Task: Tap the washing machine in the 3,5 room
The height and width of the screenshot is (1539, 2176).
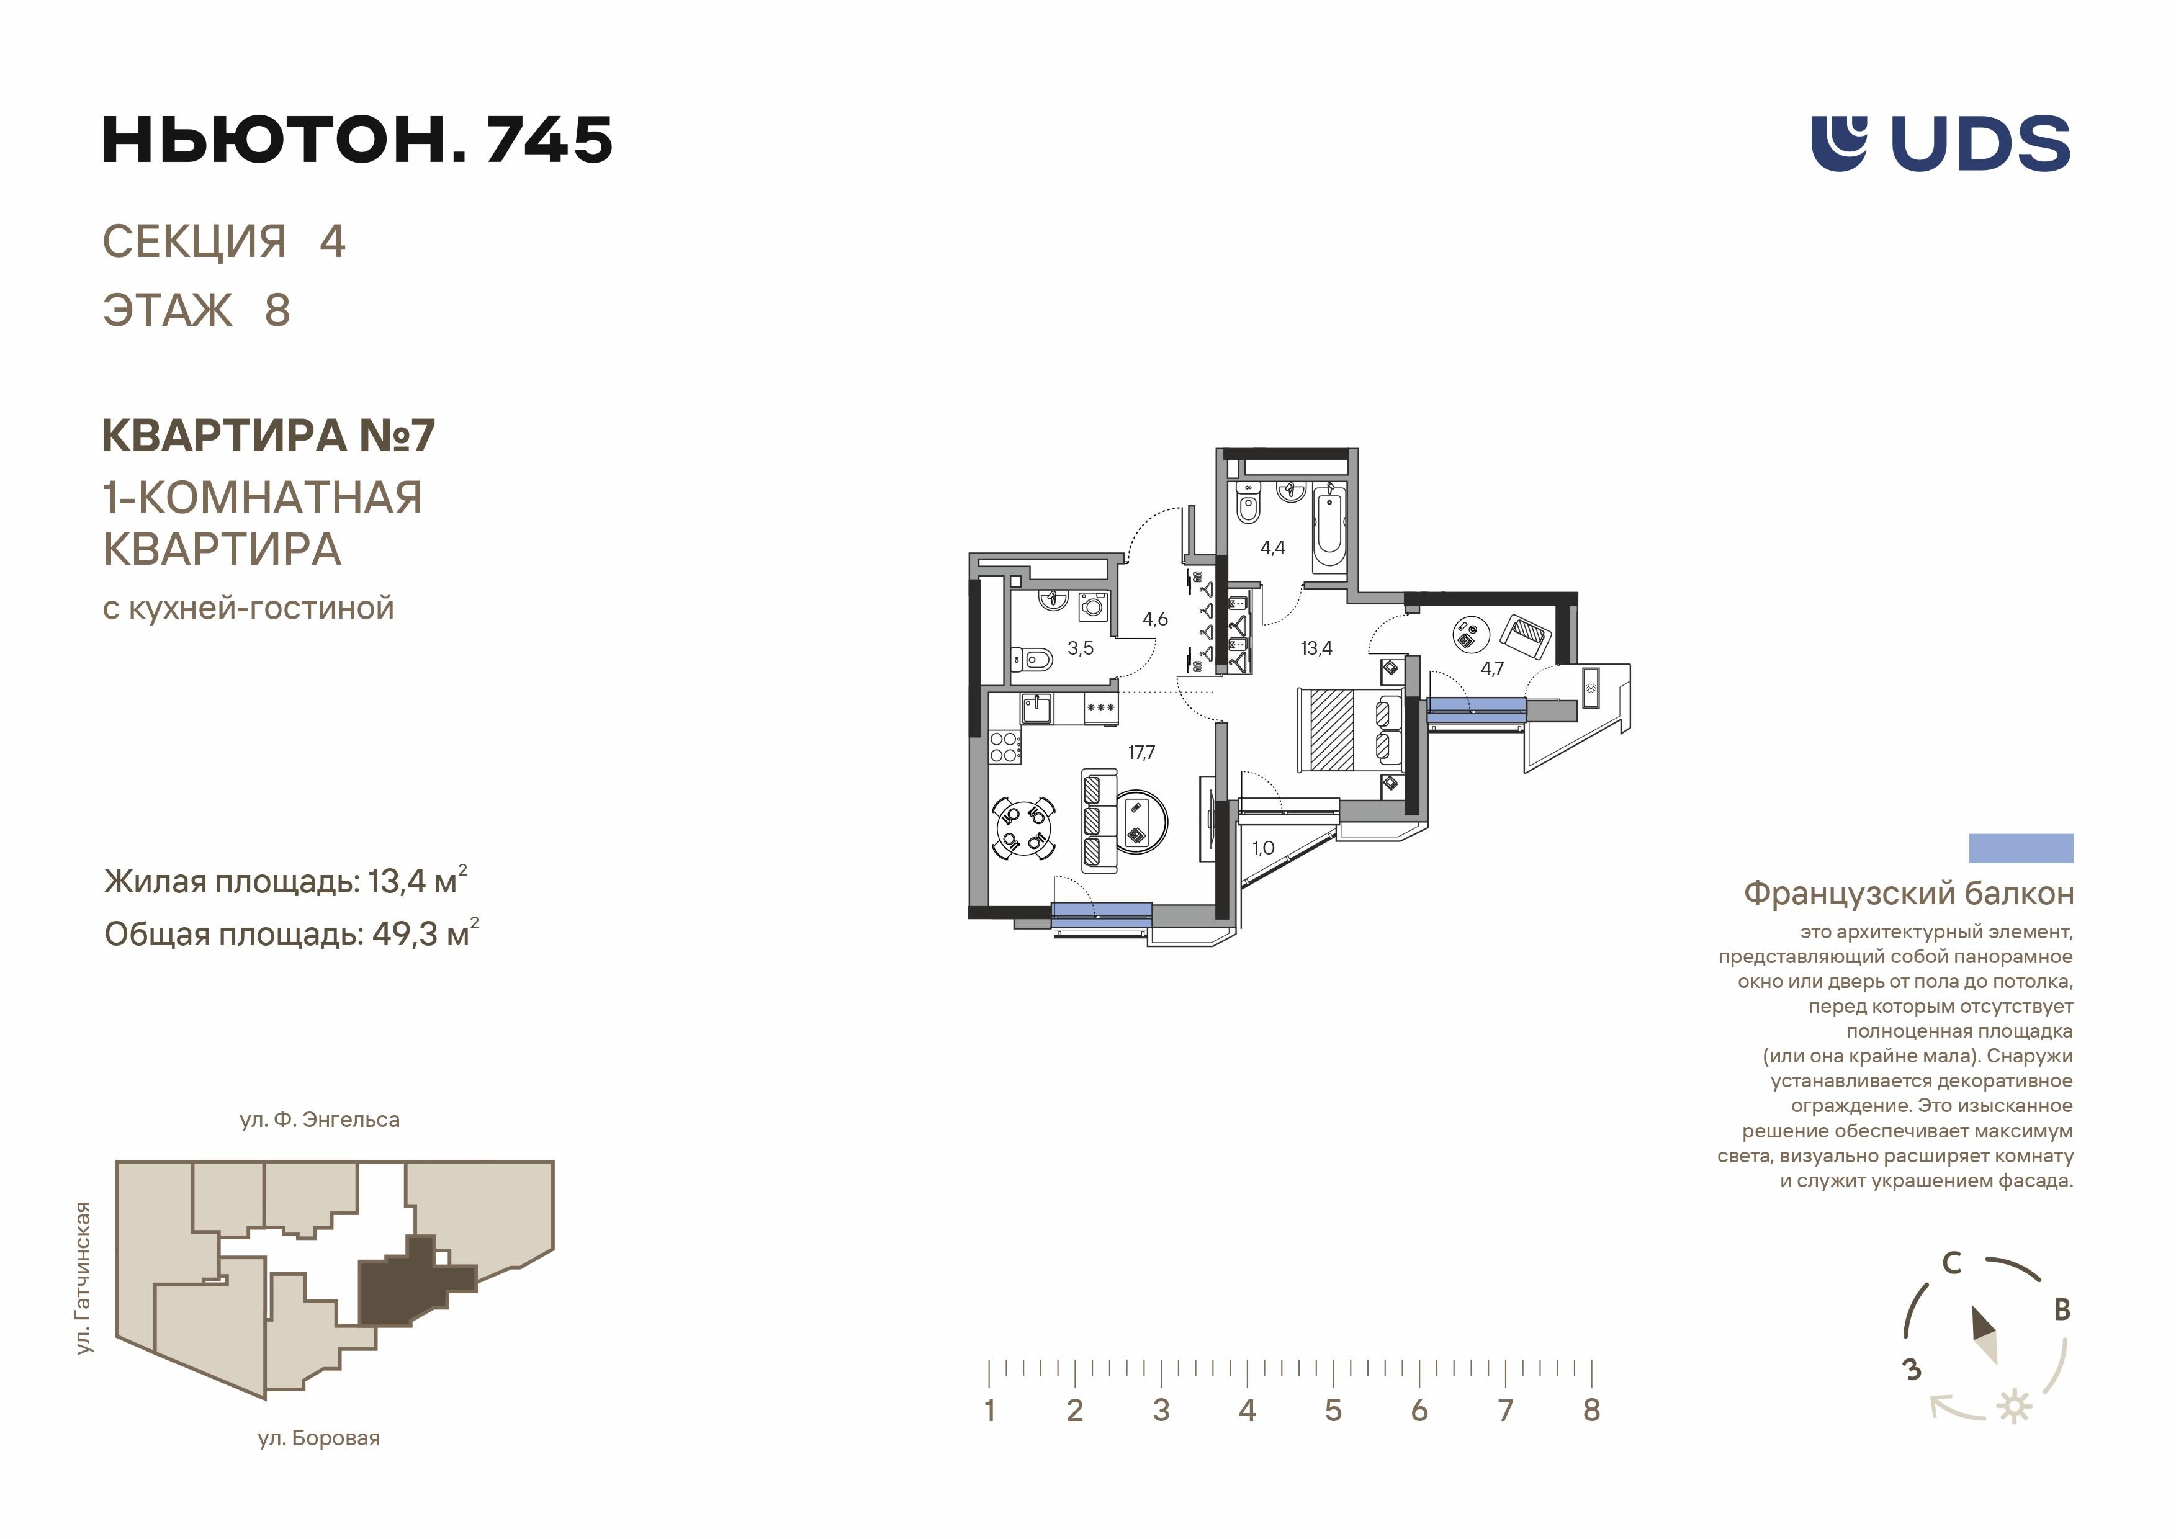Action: click(x=1094, y=604)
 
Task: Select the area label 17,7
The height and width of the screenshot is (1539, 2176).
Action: click(x=1141, y=753)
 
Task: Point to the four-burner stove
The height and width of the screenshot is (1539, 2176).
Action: click(x=1005, y=747)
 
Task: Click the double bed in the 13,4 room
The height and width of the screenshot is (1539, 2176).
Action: click(x=1349, y=730)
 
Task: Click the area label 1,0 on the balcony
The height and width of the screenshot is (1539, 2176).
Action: click(x=1262, y=848)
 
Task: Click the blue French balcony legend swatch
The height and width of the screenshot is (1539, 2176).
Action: click(x=2021, y=848)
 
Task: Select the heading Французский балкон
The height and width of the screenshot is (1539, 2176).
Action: click(x=1908, y=893)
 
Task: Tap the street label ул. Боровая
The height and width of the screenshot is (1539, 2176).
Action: click(x=318, y=1438)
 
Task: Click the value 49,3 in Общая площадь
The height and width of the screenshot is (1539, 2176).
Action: click(x=405, y=935)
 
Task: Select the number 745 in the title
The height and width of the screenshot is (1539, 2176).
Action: click(x=549, y=140)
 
